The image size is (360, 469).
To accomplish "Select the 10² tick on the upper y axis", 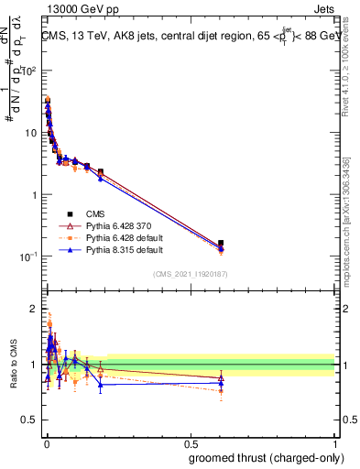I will tap(28, 71).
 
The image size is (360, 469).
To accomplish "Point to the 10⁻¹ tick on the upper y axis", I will tap(28, 256).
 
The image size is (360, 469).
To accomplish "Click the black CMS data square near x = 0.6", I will tap(221, 244).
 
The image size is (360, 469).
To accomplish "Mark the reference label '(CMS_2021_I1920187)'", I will tap(191, 273).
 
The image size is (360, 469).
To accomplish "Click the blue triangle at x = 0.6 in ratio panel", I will tap(221, 383).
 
